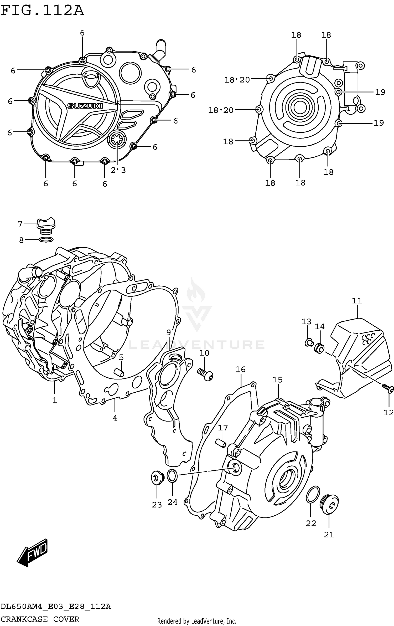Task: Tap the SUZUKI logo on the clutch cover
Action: [x=85, y=106]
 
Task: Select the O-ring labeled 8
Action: [x=46, y=239]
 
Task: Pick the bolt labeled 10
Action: [x=206, y=374]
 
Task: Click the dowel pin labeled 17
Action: [x=220, y=443]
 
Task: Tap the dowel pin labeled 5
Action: [x=119, y=373]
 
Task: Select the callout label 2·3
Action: [x=118, y=170]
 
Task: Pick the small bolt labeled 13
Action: [x=308, y=342]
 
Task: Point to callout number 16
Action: [x=240, y=369]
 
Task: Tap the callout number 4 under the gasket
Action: [x=115, y=418]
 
